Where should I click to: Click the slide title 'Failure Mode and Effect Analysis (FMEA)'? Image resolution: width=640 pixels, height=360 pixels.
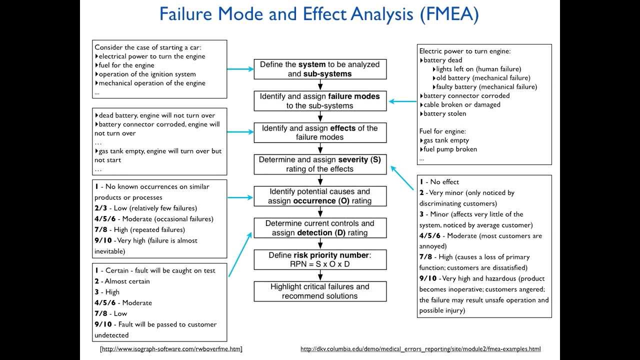[319, 14]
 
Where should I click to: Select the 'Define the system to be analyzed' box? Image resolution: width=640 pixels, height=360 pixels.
[320, 69]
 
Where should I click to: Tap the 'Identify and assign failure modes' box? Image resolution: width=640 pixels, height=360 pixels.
[320, 101]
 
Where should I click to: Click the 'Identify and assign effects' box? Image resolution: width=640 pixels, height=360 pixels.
[320, 132]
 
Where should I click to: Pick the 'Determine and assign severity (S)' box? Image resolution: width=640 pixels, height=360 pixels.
[320, 164]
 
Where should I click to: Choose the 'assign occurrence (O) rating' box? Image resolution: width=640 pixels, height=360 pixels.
[320, 196]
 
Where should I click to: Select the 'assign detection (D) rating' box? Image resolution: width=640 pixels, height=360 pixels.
[320, 228]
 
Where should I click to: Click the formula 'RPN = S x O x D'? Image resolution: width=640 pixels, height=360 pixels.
[320, 264]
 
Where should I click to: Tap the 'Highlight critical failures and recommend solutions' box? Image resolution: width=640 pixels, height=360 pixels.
[320, 291]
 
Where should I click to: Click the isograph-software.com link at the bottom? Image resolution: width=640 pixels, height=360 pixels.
[171, 349]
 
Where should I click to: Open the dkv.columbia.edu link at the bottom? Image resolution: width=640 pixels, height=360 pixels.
[420, 349]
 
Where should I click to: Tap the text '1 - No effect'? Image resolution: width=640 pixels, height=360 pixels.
[439, 182]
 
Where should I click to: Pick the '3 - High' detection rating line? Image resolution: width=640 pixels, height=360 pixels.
[107, 292]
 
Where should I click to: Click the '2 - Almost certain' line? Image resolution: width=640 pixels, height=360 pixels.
[122, 281]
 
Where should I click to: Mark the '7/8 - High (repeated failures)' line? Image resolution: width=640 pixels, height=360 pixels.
[139, 229]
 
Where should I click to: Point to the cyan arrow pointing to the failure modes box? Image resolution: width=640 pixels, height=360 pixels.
[402, 101]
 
